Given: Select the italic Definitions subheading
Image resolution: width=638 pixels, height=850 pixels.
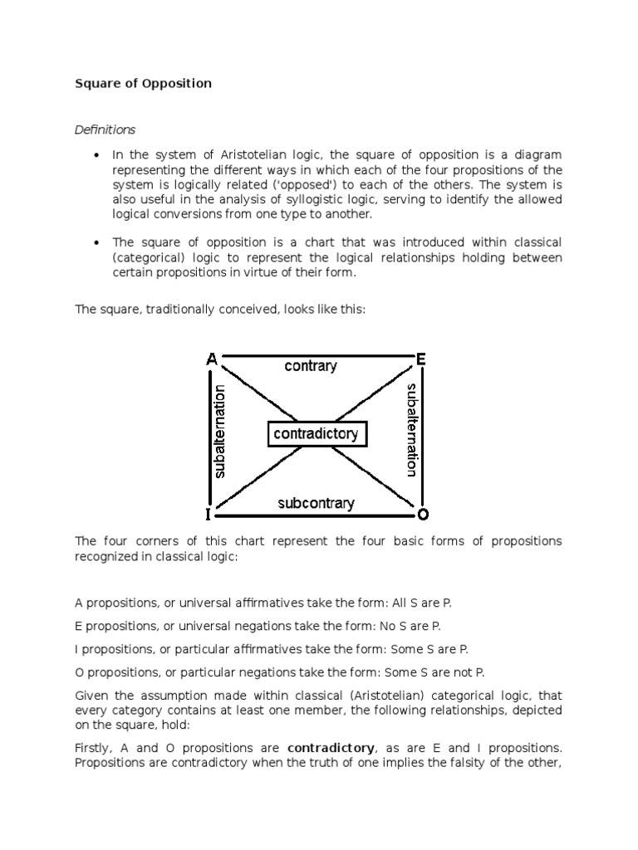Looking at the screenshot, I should point(106,129).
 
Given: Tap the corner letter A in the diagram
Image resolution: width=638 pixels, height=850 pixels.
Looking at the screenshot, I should point(212,359).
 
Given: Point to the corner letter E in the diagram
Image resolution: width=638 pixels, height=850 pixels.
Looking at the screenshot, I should point(421,359).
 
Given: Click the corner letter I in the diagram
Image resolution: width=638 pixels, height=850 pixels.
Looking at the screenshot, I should point(209,514).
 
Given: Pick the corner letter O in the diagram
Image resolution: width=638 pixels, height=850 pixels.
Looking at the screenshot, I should point(422,514).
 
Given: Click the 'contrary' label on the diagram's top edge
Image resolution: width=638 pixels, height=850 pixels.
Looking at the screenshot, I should point(310,366).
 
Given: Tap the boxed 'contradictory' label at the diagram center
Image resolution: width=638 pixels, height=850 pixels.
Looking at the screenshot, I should point(316,433).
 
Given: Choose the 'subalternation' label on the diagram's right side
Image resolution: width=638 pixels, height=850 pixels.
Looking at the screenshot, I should point(410,429).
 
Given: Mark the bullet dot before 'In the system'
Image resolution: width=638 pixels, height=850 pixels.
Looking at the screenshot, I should point(97,155).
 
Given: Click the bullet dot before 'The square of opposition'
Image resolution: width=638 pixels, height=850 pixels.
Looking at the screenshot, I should point(97,242).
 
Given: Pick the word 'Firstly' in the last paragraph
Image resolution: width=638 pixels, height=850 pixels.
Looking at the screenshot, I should point(93,747).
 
